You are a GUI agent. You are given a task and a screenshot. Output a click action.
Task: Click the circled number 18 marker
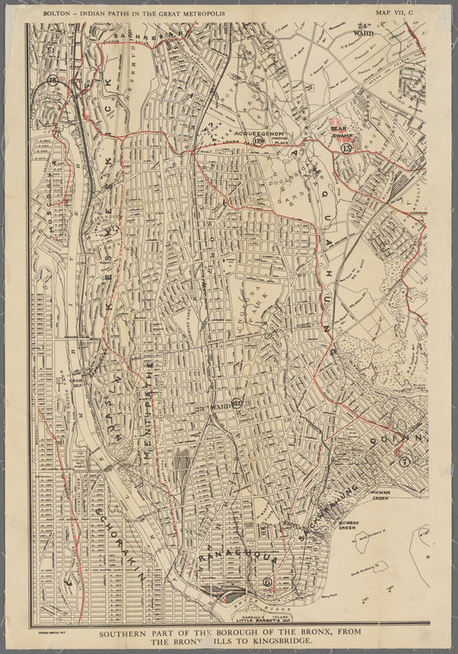(53, 81)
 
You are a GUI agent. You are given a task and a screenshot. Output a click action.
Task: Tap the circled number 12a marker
(259, 142)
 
